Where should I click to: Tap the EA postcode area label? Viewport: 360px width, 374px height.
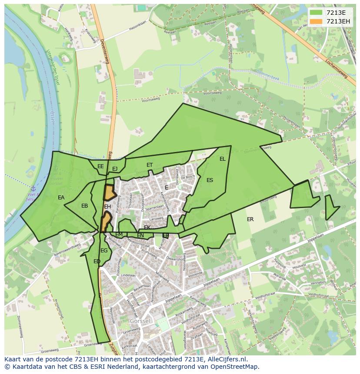[61, 198]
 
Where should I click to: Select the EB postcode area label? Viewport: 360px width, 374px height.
[85, 206]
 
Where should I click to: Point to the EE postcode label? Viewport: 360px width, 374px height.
[100, 166]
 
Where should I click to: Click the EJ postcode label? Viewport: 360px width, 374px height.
[115, 169]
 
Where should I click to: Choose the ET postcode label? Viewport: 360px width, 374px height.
[150, 165]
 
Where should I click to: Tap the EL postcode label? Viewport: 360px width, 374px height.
[223, 159]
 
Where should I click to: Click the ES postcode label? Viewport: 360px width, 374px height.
[210, 180]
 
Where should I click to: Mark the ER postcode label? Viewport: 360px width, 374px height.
[250, 219]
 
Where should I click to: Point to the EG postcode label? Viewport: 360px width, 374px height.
[104, 251]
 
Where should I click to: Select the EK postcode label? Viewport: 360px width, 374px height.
[147, 228]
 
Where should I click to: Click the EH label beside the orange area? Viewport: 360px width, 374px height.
[107, 207]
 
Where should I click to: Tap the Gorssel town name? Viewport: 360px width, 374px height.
[140, 321]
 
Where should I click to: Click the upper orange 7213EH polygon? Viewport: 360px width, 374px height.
[109, 192]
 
